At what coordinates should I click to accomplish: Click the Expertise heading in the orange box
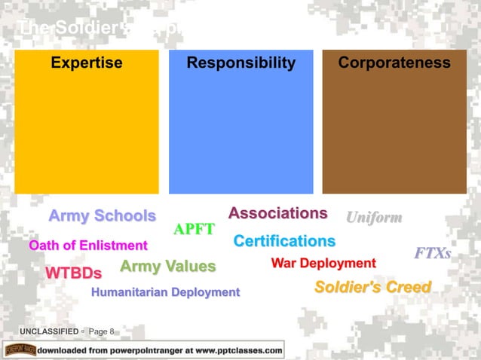87,63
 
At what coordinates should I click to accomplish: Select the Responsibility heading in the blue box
241,63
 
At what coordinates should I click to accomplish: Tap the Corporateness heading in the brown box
394,63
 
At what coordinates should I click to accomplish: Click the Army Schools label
102,216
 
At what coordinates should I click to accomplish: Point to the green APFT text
195,230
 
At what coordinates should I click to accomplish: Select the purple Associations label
277,213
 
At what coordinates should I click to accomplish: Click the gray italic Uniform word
373,218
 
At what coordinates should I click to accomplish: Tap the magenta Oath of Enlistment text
87,246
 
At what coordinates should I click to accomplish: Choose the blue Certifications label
284,241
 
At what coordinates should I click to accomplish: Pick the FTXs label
432,254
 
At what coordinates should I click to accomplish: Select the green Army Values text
167,266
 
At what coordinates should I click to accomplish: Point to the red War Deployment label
323,263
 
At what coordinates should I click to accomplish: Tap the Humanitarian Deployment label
165,291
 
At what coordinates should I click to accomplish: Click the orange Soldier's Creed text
372,287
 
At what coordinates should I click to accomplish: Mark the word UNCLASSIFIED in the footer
49,331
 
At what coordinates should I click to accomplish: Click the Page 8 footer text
101,331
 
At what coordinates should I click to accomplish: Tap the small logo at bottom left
20,350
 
